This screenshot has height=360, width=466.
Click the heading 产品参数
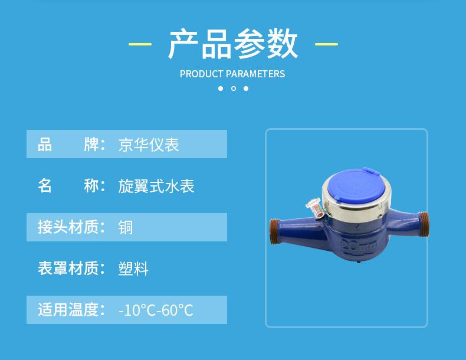click(x=232, y=44)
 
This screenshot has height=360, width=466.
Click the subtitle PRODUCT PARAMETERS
click(x=232, y=74)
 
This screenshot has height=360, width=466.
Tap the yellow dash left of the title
click(x=140, y=44)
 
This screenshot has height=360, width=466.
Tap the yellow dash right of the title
click(x=326, y=44)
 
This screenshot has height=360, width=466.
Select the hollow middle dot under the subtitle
click(x=234, y=89)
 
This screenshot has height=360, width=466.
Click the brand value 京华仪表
click(x=149, y=145)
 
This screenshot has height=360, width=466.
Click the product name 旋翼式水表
click(x=156, y=186)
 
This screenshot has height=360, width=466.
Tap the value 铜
click(x=126, y=227)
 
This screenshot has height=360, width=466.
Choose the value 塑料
click(x=133, y=269)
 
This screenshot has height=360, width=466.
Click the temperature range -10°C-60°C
click(x=156, y=310)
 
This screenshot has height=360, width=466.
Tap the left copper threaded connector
click(x=275, y=231)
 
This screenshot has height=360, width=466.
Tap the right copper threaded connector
click(x=423, y=224)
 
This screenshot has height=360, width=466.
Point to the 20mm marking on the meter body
click(x=358, y=244)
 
